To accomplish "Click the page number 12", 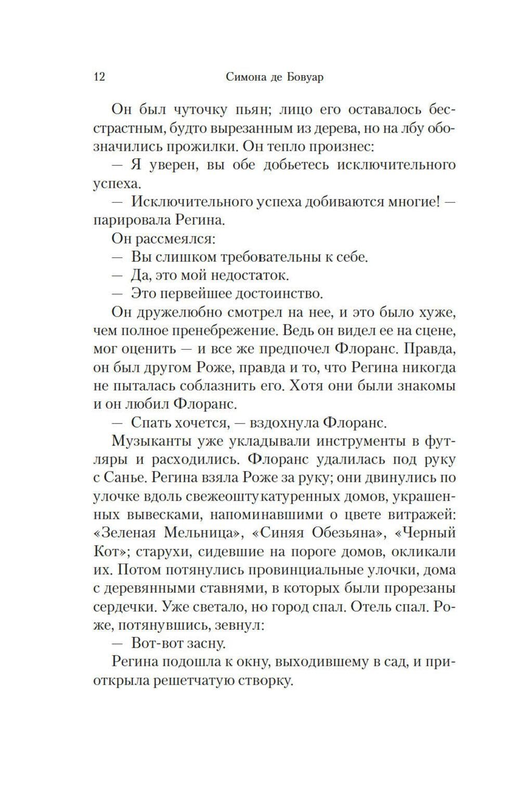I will [99, 77].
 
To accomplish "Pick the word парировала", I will [132, 220].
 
